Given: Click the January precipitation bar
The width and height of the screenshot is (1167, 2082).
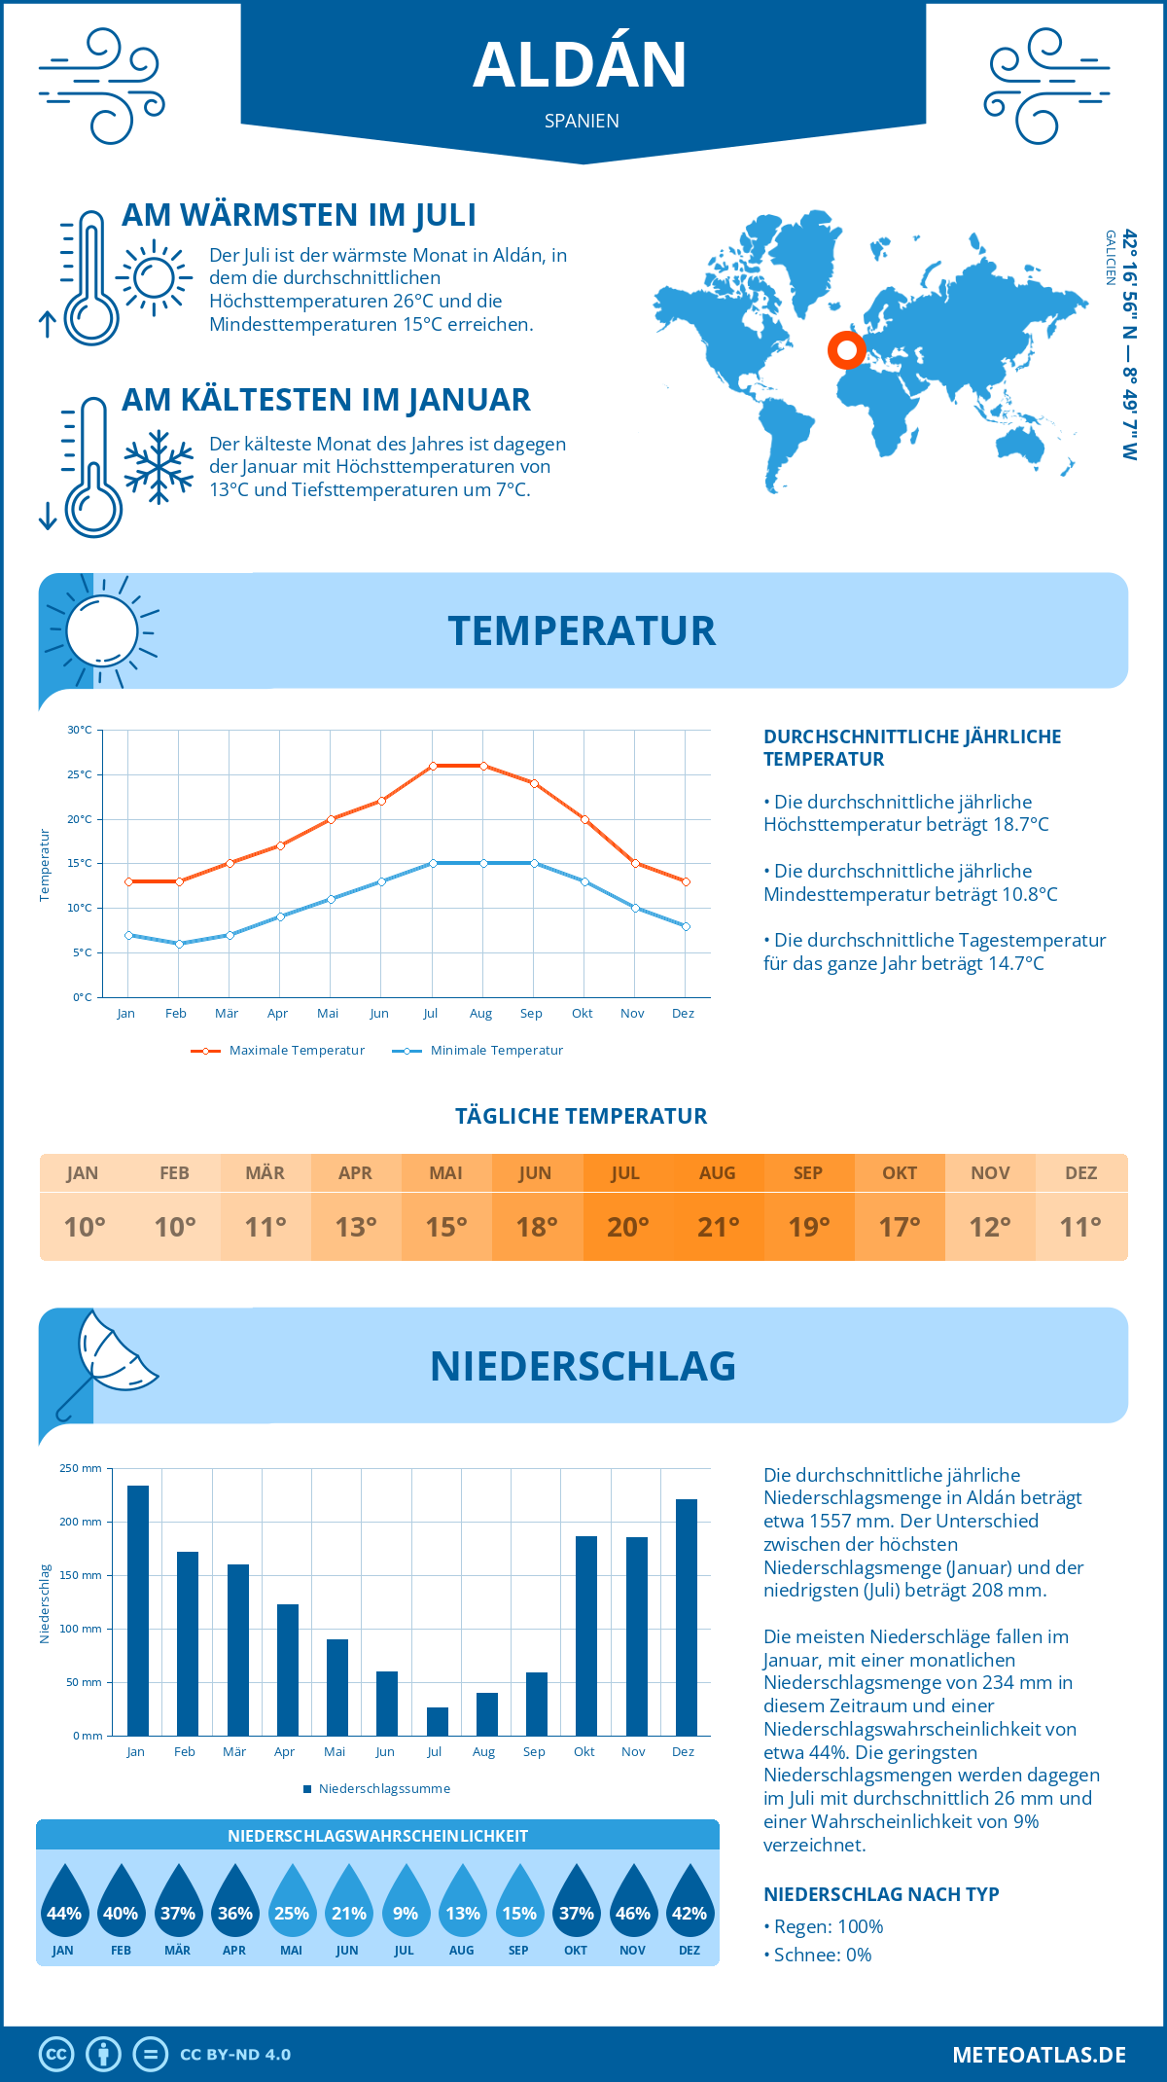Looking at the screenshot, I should coord(138,1610).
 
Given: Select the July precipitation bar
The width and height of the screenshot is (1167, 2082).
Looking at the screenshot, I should coord(438,1721).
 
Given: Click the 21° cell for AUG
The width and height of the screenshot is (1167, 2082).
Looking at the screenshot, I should coord(719,1227).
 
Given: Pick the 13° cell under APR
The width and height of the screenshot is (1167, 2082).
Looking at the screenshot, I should coord(356,1227).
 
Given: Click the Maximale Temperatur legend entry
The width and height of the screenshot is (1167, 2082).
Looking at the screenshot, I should coord(278,1051).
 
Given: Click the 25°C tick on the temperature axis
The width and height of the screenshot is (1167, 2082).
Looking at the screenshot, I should coord(80,774).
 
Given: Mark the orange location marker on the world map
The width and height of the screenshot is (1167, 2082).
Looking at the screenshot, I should coord(846,349).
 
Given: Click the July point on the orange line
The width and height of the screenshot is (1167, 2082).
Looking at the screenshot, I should coord(433,766).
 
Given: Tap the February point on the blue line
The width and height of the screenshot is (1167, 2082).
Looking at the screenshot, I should coord(179,944).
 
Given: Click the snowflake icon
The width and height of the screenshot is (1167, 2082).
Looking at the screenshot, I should coord(159,467).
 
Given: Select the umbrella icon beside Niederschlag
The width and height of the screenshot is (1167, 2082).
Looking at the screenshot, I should coord(105,1361).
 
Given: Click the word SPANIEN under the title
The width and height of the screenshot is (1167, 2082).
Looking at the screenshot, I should coord(582,121).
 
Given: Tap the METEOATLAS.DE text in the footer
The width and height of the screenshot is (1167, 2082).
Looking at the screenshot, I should coord(1039,2055).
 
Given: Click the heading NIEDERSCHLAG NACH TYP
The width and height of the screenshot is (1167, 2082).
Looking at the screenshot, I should coord(881,1894).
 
